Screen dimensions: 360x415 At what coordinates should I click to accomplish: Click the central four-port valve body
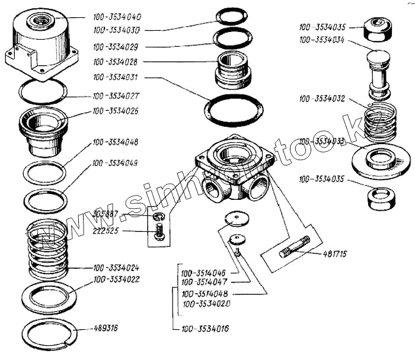[234, 169]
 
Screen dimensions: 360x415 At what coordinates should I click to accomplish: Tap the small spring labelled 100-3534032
[380, 123]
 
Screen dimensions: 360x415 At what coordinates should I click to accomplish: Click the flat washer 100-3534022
[48, 298]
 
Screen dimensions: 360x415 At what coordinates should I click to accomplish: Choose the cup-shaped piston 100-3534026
[43, 130]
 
